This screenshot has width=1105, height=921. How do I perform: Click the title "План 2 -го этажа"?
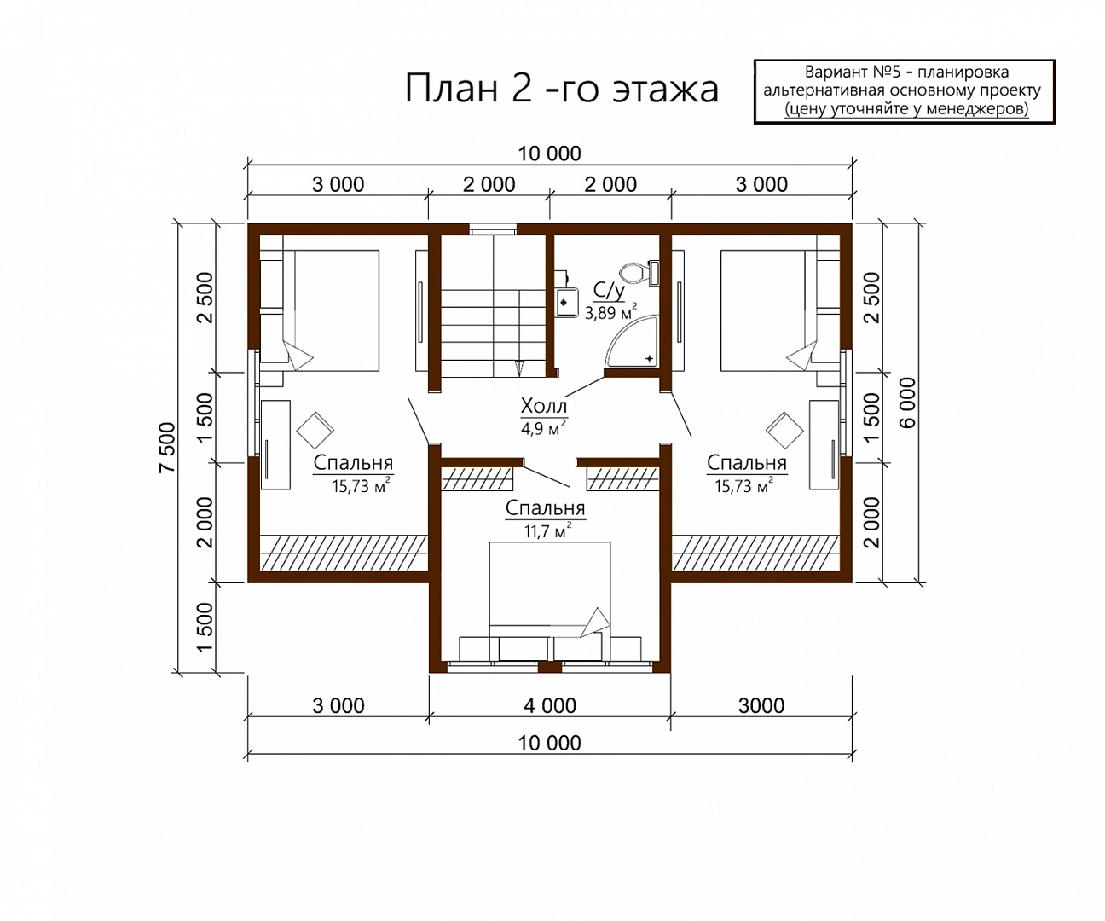pyautogui.click(x=562, y=89)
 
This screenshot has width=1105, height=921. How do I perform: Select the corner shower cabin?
pyautogui.click(x=632, y=340)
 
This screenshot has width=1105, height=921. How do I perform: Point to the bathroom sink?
pyautogui.click(x=566, y=302)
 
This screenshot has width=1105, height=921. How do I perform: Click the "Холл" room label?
pyautogui.click(x=543, y=406)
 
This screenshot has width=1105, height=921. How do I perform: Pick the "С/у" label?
pyautogui.click(x=609, y=290)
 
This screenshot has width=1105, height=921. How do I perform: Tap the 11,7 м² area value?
pyautogui.click(x=547, y=530)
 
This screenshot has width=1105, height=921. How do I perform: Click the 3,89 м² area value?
pyautogui.click(x=610, y=312)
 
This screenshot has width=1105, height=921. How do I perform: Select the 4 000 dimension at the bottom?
pyautogui.click(x=550, y=705)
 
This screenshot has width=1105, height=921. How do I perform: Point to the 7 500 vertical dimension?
pyautogui.click(x=167, y=447)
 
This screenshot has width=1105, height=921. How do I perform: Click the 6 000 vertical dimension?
pyautogui.click(x=907, y=403)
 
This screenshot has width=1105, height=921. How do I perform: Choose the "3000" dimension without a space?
pyautogui.click(x=761, y=705)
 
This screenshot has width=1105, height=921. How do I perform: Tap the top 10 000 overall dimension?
pyautogui.click(x=549, y=153)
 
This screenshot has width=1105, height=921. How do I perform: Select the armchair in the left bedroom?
pyautogui.click(x=315, y=431)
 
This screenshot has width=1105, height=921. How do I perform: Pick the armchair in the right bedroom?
pyautogui.click(x=784, y=431)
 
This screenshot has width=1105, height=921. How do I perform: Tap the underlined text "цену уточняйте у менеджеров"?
pyautogui.click(x=906, y=109)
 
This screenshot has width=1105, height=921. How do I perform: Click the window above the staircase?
pyautogui.click(x=493, y=229)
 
